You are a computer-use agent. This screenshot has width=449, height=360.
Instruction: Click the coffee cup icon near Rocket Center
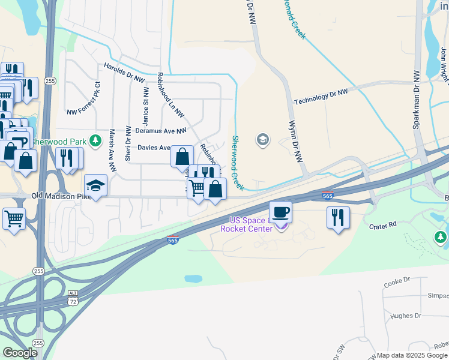pyautogui.click(x=280, y=212)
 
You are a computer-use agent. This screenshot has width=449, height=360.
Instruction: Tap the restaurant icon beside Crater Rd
pyautogui.click(x=338, y=217)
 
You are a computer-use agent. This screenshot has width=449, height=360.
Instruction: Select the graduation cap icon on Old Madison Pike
pyautogui.click(x=95, y=185)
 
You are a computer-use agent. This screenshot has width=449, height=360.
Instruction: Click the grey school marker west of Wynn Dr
pyautogui.click(x=262, y=140)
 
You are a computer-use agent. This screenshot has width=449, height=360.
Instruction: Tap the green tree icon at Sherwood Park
pyautogui.click(x=95, y=140)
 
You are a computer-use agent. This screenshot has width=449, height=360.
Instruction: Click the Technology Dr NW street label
pyautogui.click(x=321, y=96)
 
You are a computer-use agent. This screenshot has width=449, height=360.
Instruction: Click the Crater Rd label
pyautogui.click(x=384, y=225)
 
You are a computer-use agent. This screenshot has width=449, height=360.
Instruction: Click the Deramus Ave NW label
pyautogui.click(x=161, y=130)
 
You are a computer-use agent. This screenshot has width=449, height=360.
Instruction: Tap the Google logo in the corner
pyautogui.click(x=20, y=352)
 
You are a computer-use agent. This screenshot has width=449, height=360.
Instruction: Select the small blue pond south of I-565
pyautogui.click(x=193, y=279)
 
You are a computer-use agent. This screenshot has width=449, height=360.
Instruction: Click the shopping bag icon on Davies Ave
pyautogui.click(x=182, y=157)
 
